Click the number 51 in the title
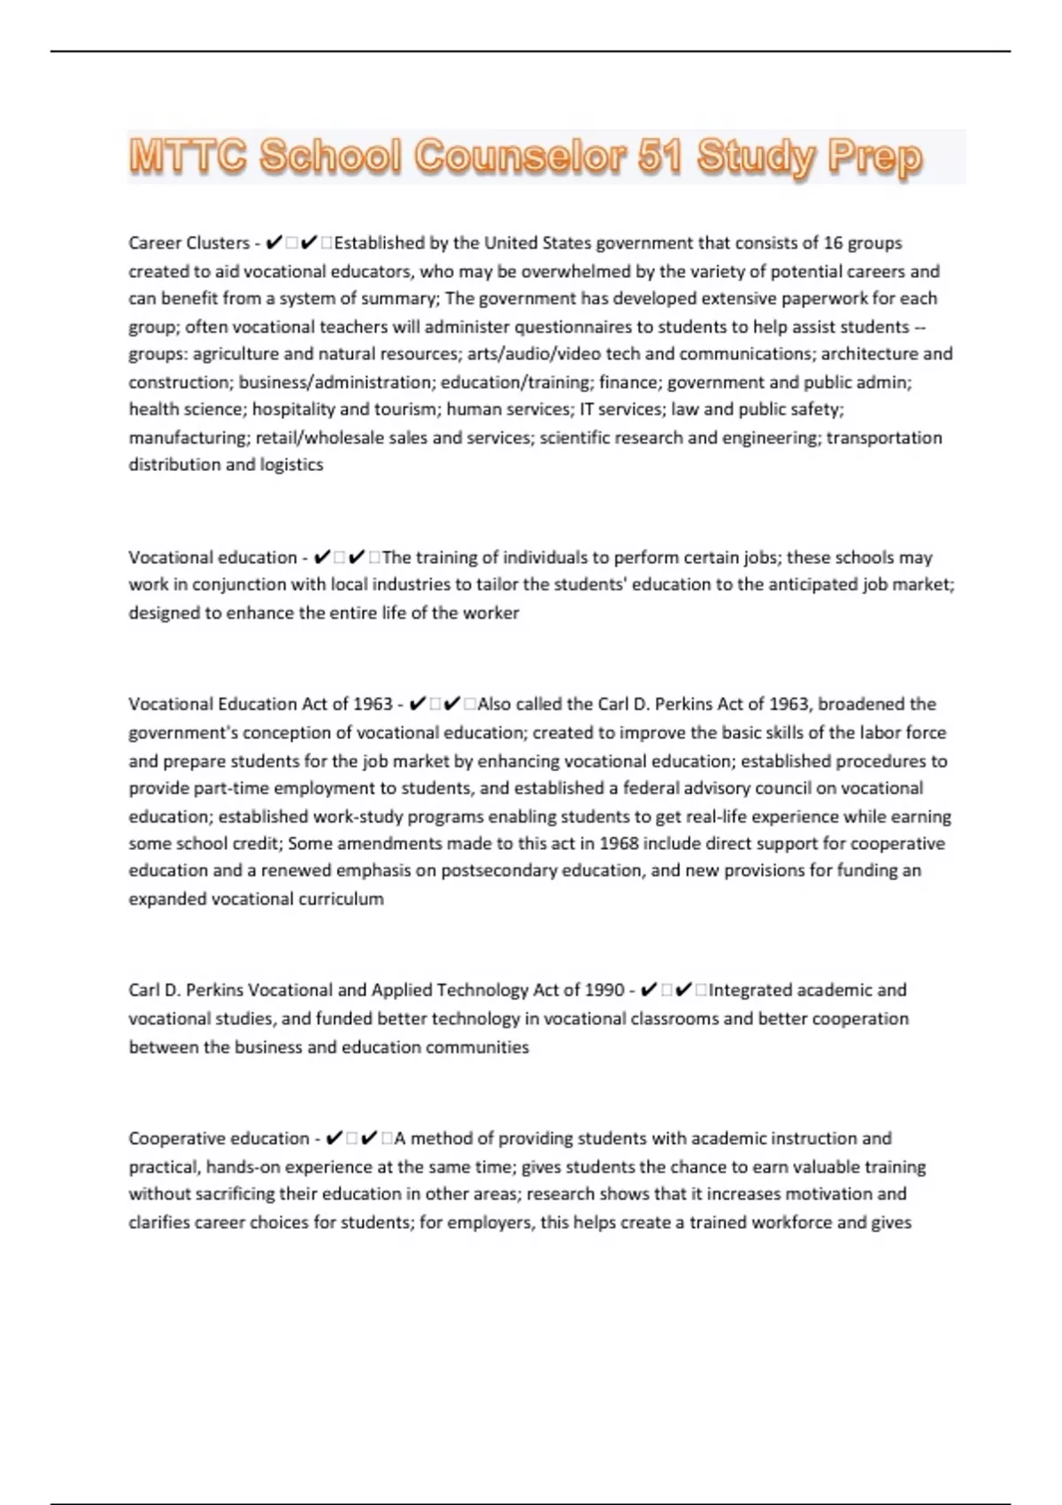(x=657, y=158)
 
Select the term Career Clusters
(x=189, y=243)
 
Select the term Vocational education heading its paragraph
(x=212, y=558)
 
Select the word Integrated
(x=751, y=991)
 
